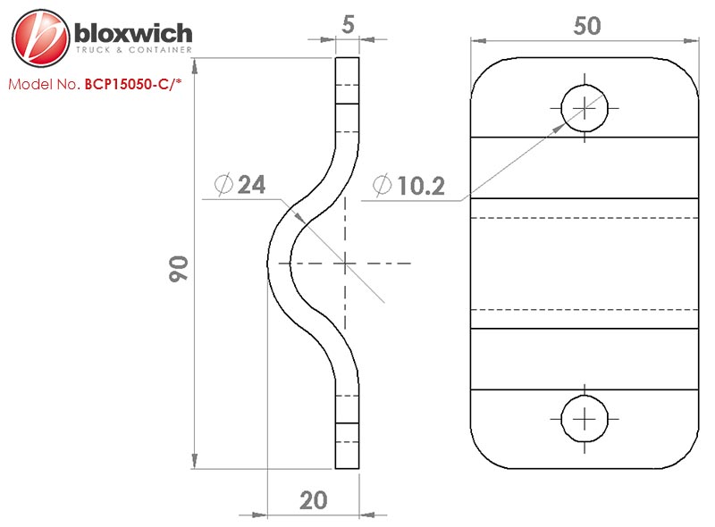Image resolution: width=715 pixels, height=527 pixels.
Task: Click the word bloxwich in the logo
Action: pyautogui.click(x=133, y=35)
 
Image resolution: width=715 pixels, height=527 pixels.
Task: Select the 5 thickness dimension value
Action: pyautogui.click(x=348, y=24)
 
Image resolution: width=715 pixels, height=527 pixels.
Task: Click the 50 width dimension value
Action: pyautogui.click(x=586, y=26)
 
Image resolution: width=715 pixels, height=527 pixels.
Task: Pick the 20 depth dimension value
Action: pyautogui.click(x=313, y=500)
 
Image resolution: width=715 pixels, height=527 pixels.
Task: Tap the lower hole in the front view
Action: pyautogui.click(x=585, y=417)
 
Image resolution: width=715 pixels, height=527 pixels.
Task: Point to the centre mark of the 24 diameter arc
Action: pyautogui.click(x=345, y=263)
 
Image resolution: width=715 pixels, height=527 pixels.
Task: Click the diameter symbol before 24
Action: pyautogui.click(x=223, y=185)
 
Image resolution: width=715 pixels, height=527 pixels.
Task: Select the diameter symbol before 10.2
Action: pyautogui.click(x=382, y=186)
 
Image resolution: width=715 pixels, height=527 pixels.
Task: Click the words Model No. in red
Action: pyautogui.click(x=44, y=86)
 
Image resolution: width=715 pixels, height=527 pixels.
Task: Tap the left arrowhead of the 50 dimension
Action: pyautogui.click(x=476, y=39)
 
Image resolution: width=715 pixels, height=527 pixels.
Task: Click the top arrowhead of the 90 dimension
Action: pyautogui.click(x=194, y=63)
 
